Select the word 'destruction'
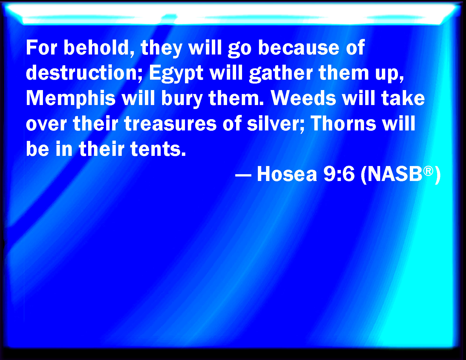click(x=84, y=73)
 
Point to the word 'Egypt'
click(x=176, y=73)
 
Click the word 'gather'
click(x=281, y=73)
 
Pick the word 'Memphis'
click(x=71, y=99)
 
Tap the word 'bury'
click(x=182, y=99)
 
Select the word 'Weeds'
click(x=303, y=98)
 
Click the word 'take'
click(x=403, y=98)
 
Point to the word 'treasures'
click(x=170, y=123)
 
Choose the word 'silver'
click(x=276, y=123)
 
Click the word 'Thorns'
click(x=343, y=123)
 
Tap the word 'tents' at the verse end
click(x=158, y=149)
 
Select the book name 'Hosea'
click(x=287, y=174)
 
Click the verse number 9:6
click(x=339, y=174)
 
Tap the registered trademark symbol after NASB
click(x=428, y=171)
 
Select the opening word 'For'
click(x=42, y=48)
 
